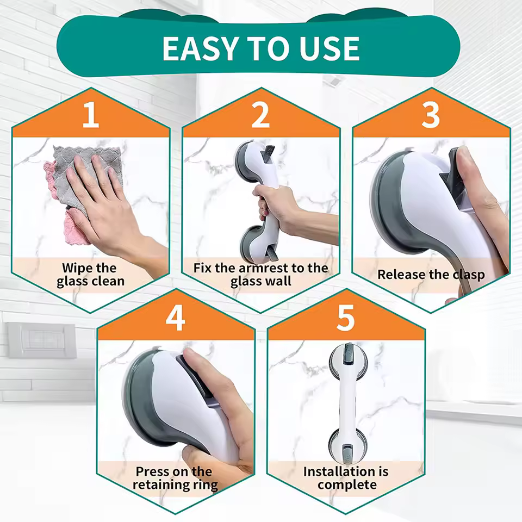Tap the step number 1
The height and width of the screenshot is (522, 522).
(x=90, y=116)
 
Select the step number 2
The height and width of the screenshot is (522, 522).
(x=260, y=116)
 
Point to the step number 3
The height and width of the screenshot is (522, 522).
(x=431, y=116)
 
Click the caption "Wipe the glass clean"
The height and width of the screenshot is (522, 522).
(x=90, y=275)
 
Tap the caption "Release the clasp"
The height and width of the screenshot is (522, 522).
(x=431, y=275)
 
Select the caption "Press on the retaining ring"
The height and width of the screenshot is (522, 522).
(x=175, y=478)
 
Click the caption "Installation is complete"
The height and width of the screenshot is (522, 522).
(x=346, y=478)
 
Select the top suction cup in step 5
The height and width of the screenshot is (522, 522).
(x=345, y=359)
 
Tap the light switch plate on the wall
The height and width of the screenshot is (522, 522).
(x=41, y=340)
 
